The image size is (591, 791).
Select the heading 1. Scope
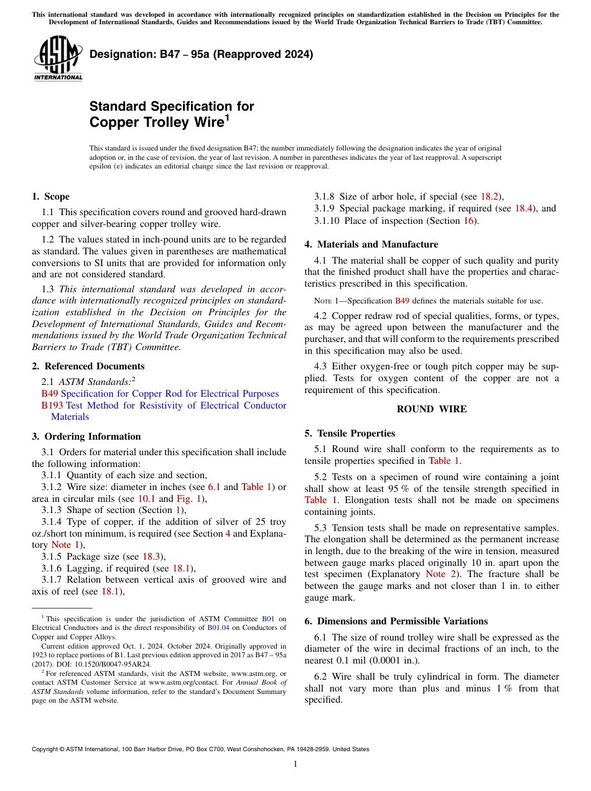click(x=50, y=197)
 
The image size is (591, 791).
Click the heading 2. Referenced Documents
click(x=88, y=366)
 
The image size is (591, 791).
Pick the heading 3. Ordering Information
click(x=86, y=437)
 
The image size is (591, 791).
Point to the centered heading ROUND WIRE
click(x=431, y=409)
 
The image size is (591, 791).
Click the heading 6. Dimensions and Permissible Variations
click(x=396, y=621)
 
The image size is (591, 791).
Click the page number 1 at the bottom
click(x=295, y=764)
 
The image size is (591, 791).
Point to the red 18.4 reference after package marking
click(x=523, y=208)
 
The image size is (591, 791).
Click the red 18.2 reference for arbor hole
click(x=489, y=197)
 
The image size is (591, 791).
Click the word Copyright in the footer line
click(x=45, y=749)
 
